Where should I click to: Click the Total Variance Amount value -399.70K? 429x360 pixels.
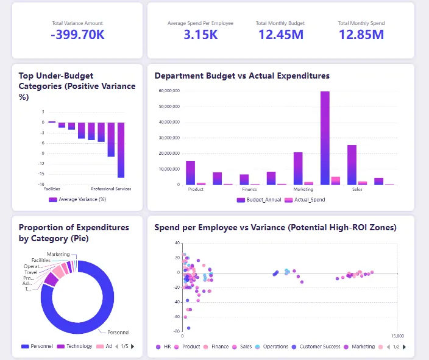tap(77, 35)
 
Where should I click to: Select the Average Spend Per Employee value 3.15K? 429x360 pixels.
tap(200, 35)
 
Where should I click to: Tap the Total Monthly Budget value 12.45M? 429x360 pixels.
tap(280, 35)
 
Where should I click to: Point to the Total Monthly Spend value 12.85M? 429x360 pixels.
tap(361, 35)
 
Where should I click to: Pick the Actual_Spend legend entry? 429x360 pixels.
tap(306, 199)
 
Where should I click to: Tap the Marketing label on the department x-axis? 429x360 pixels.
tap(303, 189)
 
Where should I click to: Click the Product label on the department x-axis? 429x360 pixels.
tap(196, 189)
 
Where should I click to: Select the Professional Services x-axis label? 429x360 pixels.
tap(111, 189)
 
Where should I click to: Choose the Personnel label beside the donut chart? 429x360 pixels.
tap(118, 332)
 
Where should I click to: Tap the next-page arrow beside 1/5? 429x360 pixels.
tap(133, 347)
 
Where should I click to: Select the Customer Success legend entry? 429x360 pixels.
tap(319, 347)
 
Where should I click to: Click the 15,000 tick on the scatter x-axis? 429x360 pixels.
tap(397, 336)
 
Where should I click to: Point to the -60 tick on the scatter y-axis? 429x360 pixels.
tap(176, 317)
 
